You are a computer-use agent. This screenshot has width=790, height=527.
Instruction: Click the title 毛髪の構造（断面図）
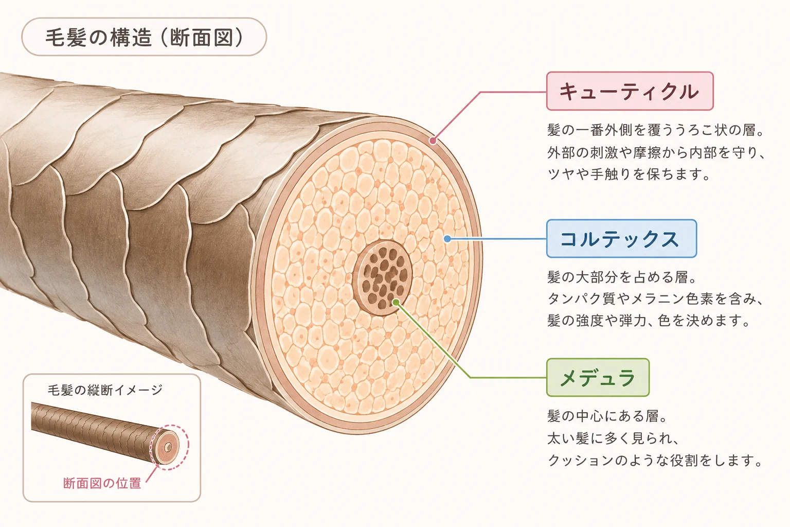coord(144,37)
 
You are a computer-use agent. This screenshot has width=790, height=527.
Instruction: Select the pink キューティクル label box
coord(630,91)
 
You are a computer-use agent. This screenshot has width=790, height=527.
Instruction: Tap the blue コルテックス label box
coord(621,239)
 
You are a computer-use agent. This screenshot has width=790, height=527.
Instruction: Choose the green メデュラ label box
coord(598,377)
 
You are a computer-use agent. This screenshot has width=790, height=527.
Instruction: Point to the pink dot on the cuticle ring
coord(433,141)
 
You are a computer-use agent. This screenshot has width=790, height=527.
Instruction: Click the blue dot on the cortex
coord(447,239)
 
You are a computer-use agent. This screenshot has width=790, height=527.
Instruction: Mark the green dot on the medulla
coord(396,303)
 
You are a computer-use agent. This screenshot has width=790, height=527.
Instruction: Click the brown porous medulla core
coord(382,278)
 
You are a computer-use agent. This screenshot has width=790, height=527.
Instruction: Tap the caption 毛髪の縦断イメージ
coord(105,390)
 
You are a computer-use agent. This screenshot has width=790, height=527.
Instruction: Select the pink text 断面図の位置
coord(102,483)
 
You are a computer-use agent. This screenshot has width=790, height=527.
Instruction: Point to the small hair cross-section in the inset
coord(167,447)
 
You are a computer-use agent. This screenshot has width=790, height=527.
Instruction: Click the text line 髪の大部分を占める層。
coord(622,277)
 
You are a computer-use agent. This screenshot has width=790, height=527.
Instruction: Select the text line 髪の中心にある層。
coord(607,416)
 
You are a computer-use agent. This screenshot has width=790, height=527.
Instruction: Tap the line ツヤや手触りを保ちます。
coord(629,174)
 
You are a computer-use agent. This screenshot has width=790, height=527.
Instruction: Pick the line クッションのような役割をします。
coord(655,460)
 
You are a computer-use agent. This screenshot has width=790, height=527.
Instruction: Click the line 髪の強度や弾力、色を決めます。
coord(649,321)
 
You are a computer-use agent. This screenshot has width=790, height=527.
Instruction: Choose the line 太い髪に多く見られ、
coord(613,438)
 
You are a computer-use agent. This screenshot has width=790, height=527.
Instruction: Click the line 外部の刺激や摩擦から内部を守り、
coord(656,152)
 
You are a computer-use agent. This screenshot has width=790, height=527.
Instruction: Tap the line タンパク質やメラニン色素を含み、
coord(656,299)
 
